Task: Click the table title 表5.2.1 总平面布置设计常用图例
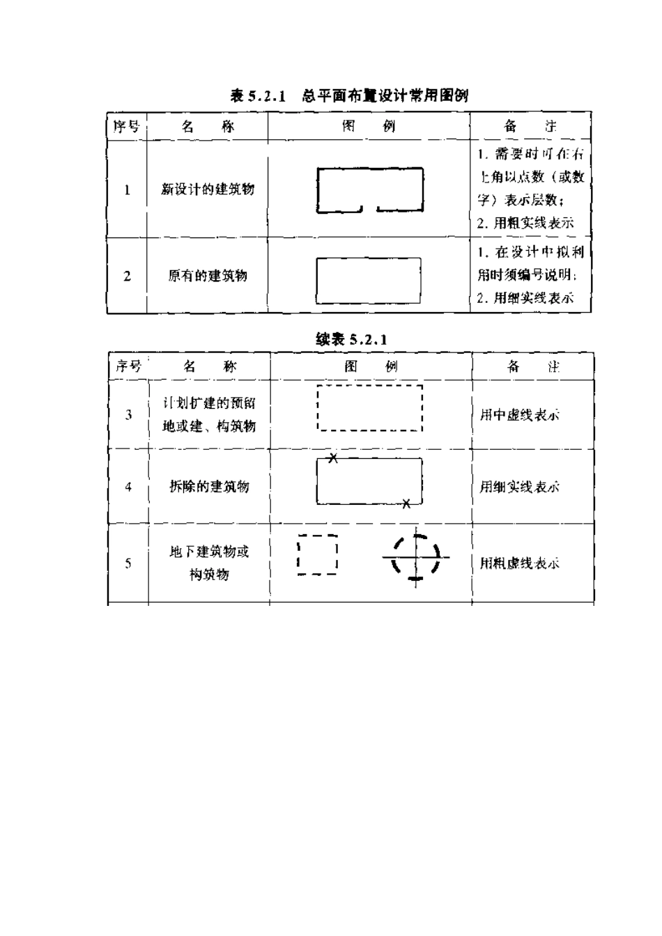click(x=349, y=96)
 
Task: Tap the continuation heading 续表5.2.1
click(x=351, y=339)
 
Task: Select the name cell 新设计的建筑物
click(x=208, y=189)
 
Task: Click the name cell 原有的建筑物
click(x=208, y=276)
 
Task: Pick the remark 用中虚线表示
click(x=519, y=415)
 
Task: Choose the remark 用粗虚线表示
click(x=519, y=563)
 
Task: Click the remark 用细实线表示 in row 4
click(x=519, y=487)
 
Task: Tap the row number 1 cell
click(x=127, y=189)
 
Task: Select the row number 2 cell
click(x=127, y=276)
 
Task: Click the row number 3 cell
click(x=128, y=415)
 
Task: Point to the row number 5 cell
click(x=128, y=563)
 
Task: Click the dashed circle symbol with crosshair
click(x=416, y=557)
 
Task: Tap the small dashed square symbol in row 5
click(x=317, y=554)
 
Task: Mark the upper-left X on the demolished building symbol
click(x=333, y=458)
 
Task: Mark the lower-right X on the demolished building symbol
click(x=406, y=504)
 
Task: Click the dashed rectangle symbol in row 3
click(x=369, y=408)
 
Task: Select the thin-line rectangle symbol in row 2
click(x=369, y=281)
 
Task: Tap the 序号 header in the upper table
click(x=127, y=127)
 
